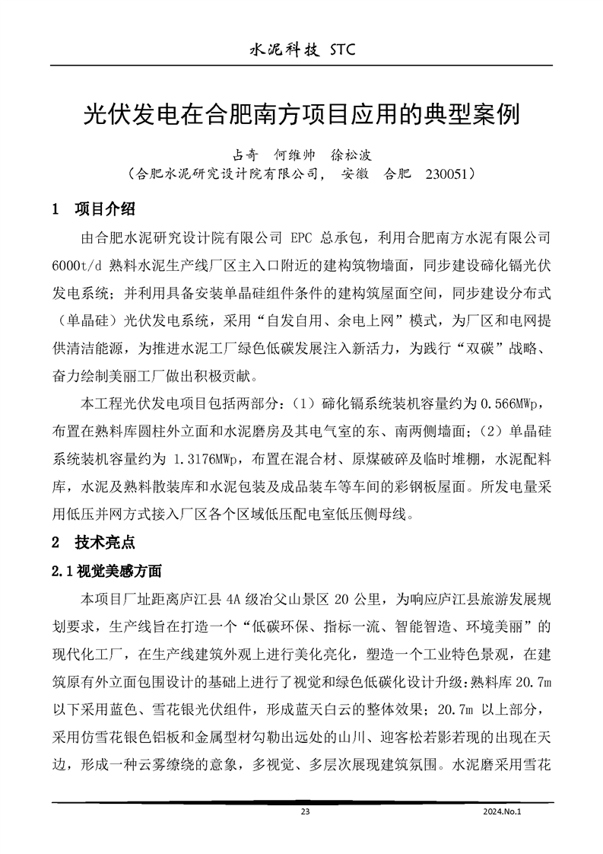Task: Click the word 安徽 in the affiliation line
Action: click(x=355, y=174)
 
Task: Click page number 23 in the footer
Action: click(x=306, y=812)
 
